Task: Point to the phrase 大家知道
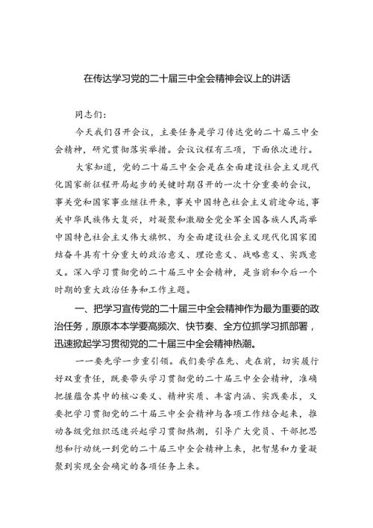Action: click(x=98, y=168)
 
